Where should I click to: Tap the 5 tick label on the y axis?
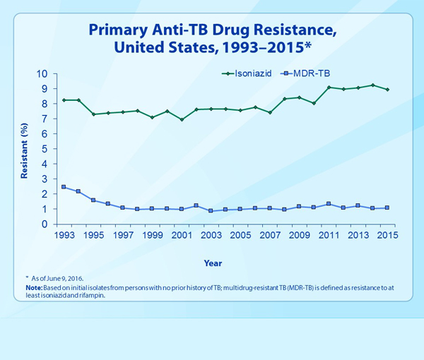coord(45,150)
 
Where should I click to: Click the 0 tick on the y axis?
coord(45,224)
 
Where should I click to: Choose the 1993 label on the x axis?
coord(64,235)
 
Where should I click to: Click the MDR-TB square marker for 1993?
coord(64,187)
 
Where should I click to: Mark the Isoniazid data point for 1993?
coord(64,100)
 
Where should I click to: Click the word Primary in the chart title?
coord(115,30)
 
